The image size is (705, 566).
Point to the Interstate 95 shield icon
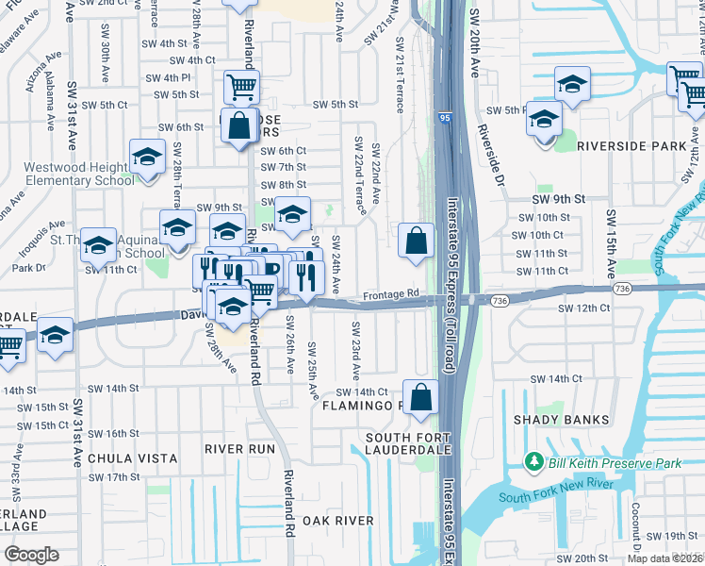click(x=444, y=117)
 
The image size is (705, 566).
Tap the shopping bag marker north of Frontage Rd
click(x=416, y=241)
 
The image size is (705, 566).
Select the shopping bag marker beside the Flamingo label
click(x=421, y=398)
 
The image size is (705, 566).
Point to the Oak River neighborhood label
click(x=338, y=521)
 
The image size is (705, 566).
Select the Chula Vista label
click(x=132, y=458)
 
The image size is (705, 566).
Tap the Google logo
click(x=32, y=555)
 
